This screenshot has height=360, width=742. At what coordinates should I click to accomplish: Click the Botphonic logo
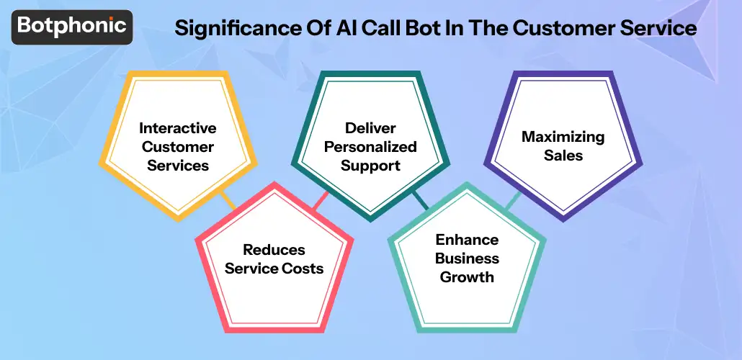[x=71, y=27]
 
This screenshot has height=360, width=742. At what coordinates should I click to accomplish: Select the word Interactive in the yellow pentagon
[x=177, y=128]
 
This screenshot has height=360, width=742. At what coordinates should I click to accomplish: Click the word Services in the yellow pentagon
[x=177, y=166]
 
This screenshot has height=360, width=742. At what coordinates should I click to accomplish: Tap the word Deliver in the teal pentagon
[x=370, y=128]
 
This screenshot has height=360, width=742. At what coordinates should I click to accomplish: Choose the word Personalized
[x=370, y=147]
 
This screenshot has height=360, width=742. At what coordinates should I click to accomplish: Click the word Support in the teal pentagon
[x=370, y=166]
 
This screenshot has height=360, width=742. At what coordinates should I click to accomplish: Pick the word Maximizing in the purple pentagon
[x=563, y=136]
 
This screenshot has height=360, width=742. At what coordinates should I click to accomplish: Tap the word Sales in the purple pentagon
[x=563, y=155]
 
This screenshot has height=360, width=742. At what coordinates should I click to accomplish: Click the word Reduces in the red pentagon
[x=274, y=250]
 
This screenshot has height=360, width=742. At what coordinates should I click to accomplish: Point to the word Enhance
[x=467, y=240]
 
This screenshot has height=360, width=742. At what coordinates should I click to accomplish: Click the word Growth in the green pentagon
[x=467, y=277]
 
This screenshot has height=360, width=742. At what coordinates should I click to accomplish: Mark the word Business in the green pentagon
[x=467, y=258]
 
